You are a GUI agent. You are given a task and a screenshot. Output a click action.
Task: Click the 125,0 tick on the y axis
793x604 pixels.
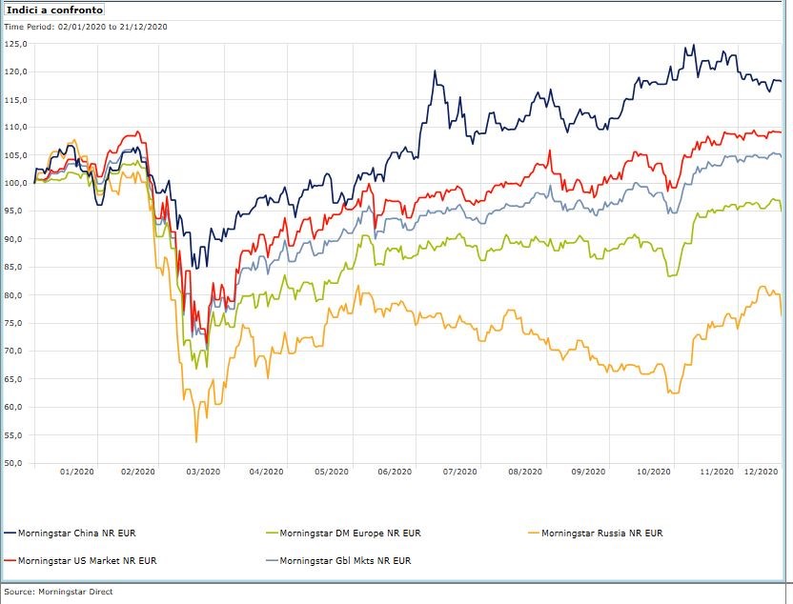(17, 44)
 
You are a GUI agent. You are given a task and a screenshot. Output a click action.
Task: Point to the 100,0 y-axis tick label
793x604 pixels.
(17, 183)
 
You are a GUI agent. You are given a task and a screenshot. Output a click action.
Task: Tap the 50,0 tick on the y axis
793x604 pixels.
(17, 464)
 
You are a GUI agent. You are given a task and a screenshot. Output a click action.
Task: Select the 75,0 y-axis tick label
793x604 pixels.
(17, 324)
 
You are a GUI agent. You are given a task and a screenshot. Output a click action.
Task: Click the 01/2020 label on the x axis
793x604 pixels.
(76, 472)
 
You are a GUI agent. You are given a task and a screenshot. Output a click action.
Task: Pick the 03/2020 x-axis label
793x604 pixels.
(203, 472)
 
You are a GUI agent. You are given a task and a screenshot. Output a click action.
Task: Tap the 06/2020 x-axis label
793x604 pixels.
(395, 472)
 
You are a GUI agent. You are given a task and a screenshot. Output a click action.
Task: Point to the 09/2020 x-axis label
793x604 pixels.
(588, 472)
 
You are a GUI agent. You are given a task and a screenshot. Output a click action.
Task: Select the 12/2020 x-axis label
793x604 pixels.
(762, 472)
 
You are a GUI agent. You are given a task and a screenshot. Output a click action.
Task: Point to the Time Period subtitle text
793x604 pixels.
(86, 27)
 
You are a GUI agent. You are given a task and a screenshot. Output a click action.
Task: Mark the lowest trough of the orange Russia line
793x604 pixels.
(196, 441)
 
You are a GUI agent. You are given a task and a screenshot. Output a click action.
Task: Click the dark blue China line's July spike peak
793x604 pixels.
(435, 70)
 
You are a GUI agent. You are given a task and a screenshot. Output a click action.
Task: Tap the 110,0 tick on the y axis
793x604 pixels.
(17, 127)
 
